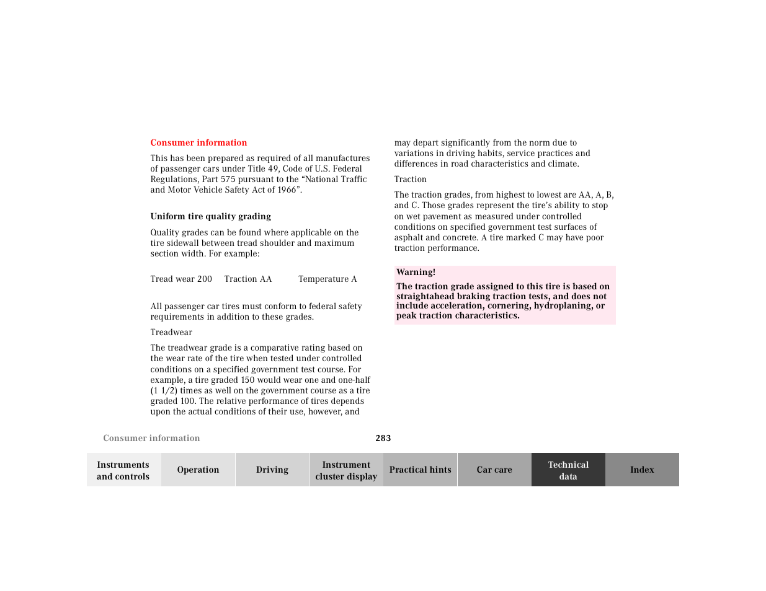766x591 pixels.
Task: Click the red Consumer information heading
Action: [198, 142]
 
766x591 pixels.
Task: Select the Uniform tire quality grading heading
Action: [210, 216]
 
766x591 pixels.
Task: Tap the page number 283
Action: [383, 438]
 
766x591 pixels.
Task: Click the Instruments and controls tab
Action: [123, 470]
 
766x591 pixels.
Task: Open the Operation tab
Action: [198, 470]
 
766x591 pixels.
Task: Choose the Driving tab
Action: [272, 470]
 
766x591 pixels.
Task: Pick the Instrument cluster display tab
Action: [346, 470]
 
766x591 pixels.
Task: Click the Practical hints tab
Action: [420, 470]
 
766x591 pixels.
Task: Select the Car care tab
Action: [494, 470]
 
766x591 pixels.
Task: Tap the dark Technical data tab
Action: [568, 470]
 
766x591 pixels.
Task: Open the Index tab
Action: [642, 470]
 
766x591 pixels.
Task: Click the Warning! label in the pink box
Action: [416, 272]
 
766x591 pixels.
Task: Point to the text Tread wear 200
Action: [181, 279]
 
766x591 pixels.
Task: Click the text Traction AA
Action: [248, 279]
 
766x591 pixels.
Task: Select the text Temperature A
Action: [327, 279]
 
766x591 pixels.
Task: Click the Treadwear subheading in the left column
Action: [171, 332]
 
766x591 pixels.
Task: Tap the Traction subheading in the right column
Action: [410, 179]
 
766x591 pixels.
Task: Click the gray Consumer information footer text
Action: [151, 438]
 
